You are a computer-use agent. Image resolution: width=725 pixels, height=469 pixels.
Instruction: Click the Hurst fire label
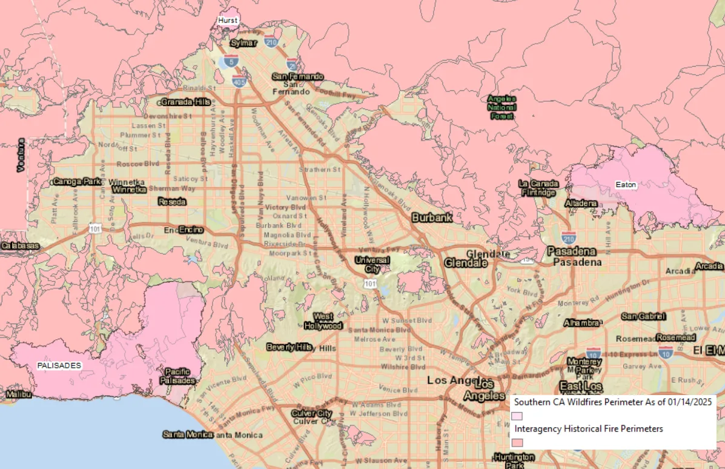tap(228, 21)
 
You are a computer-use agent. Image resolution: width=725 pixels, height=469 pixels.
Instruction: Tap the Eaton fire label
tap(626, 185)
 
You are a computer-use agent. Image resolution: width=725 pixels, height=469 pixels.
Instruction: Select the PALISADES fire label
tap(59, 366)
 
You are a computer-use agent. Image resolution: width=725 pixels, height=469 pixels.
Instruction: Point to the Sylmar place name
tap(244, 43)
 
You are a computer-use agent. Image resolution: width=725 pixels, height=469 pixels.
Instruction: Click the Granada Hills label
tap(186, 102)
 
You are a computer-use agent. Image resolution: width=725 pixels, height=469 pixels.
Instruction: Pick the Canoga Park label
tap(76, 181)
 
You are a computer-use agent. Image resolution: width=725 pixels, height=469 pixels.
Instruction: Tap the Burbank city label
tap(432, 218)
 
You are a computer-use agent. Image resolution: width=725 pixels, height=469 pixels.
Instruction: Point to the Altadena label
tap(581, 203)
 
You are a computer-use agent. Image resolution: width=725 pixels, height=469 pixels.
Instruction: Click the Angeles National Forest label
tap(502, 107)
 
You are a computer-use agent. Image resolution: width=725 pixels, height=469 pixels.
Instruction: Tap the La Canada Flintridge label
tap(537, 188)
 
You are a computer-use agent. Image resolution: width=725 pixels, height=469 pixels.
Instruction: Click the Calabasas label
tap(20, 246)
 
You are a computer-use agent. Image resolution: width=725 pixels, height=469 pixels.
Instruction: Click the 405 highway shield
tap(239, 81)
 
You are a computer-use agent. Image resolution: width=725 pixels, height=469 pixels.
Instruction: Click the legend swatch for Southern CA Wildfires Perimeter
tap(517, 416)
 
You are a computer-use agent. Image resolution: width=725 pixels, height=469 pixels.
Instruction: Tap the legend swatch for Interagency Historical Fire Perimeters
tap(517, 442)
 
